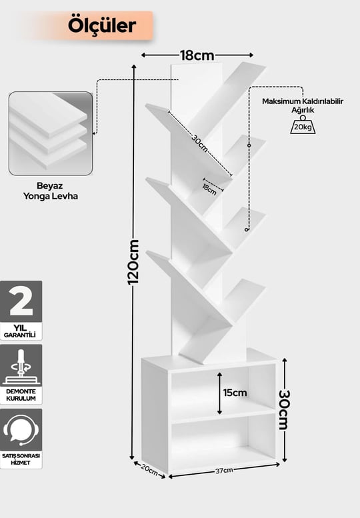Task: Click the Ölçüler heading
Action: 102,25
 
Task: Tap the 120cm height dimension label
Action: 133,262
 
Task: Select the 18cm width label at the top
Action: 197,55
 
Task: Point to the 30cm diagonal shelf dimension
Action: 200,143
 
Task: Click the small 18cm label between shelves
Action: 209,189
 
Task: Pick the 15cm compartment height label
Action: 235,393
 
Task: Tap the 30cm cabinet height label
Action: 284,410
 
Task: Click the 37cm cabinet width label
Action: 224,471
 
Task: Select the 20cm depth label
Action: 149,469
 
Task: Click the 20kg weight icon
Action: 303,125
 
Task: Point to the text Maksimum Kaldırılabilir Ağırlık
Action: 303,105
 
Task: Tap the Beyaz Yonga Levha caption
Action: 51,191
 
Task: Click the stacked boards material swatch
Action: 51,133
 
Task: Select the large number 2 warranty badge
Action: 21,301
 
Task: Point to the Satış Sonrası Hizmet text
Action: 21,459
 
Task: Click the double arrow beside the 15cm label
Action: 219,393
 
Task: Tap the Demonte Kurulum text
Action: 21,395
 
